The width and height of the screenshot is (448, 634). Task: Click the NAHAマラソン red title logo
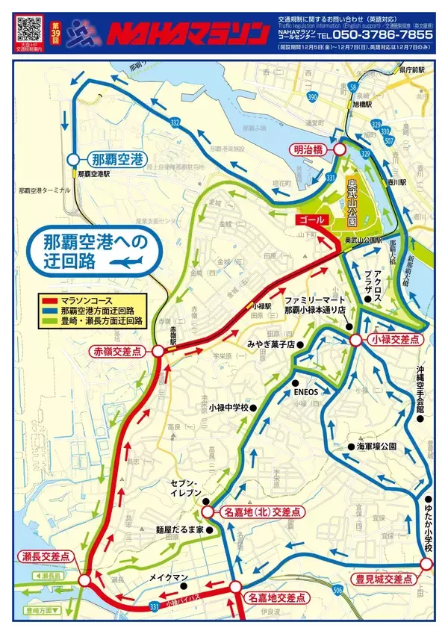pos(187,34)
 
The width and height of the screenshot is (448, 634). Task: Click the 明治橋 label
pos(308,149)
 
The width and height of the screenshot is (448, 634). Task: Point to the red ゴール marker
pos(311,220)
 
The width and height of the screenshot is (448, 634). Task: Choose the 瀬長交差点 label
pos(46,556)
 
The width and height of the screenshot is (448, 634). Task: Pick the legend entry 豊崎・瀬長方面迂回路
pos(97,320)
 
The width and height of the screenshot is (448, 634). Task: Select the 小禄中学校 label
pos(228,408)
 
